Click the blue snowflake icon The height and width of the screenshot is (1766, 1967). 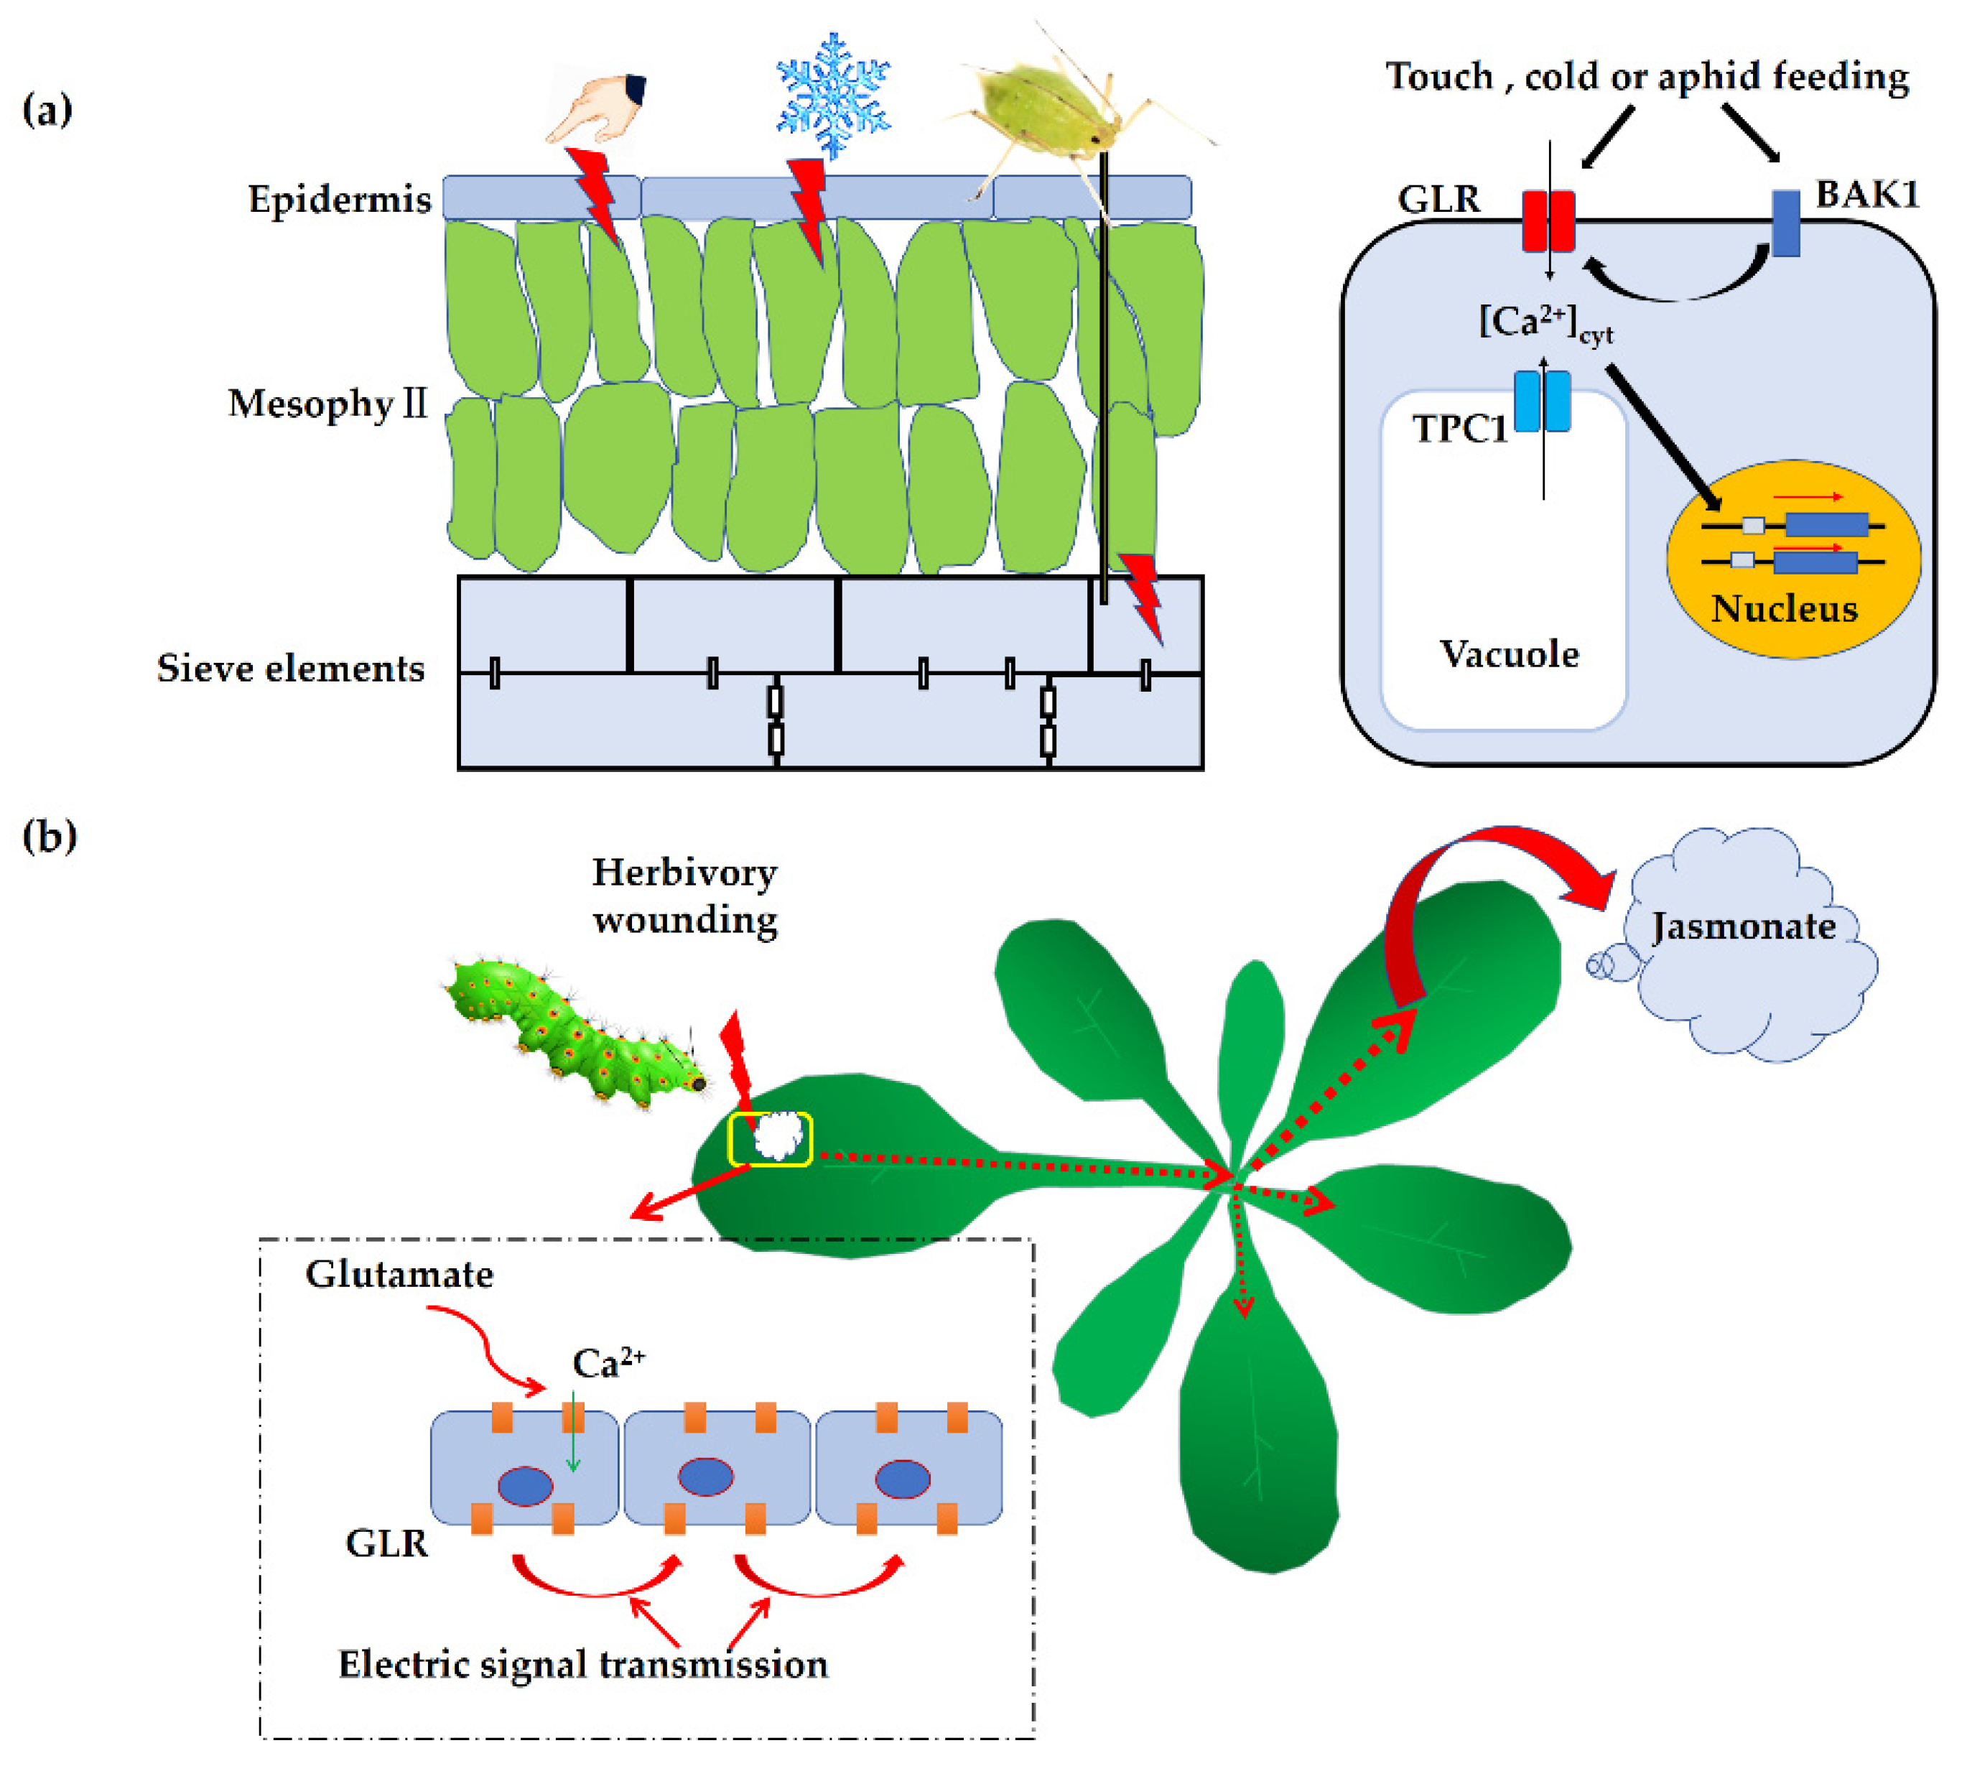[832, 94]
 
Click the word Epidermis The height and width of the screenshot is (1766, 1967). [339, 199]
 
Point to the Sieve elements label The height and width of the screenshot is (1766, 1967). [290, 668]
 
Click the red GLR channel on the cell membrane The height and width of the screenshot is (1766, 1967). [1547, 221]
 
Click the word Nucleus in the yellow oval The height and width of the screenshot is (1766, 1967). [1784, 608]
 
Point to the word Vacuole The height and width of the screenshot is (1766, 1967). [1508, 654]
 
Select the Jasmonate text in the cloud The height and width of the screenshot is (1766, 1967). [1743, 926]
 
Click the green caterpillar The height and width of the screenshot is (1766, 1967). [572, 1036]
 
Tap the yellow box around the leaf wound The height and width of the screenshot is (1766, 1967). [770, 1138]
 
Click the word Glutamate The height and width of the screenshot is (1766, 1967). [399, 1274]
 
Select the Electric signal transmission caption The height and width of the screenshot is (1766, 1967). [582, 1664]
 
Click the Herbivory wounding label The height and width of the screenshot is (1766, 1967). [684, 896]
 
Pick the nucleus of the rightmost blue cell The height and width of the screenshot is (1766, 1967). [903, 1479]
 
